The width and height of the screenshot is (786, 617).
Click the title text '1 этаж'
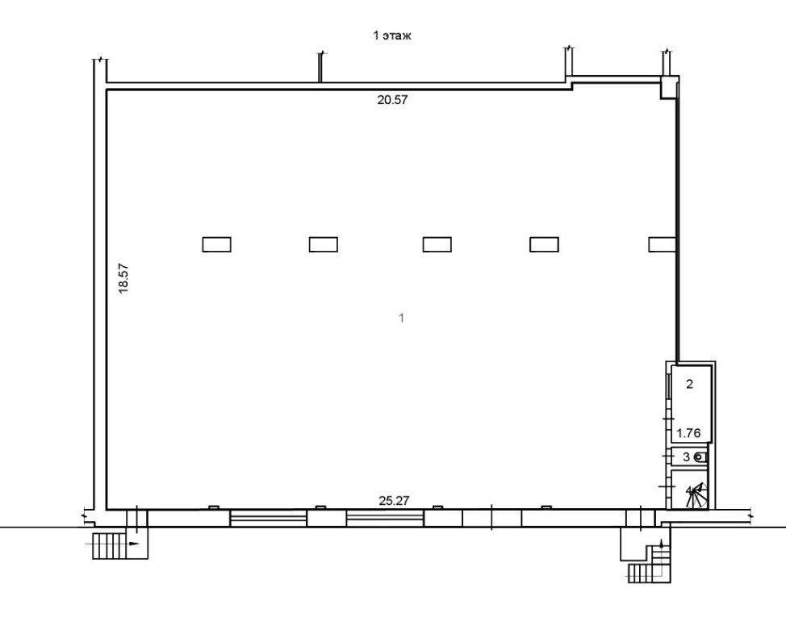tap(393, 36)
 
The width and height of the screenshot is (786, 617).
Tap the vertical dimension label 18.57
tap(123, 278)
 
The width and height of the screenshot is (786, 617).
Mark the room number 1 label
tap(401, 319)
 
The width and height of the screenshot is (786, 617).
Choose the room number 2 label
tap(689, 384)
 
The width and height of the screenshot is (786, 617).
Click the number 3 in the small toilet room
tap(686, 457)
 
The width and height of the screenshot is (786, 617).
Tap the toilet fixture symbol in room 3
tap(700, 457)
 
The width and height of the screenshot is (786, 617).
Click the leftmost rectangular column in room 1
tap(216, 244)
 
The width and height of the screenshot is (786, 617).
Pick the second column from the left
tap(323, 244)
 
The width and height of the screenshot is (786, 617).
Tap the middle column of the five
tap(437, 244)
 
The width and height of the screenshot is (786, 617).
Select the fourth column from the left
tap(544, 244)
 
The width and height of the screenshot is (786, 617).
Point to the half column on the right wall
tap(662, 244)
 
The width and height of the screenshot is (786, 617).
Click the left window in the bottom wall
tap(268, 518)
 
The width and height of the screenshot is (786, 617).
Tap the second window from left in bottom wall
tap(385, 518)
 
